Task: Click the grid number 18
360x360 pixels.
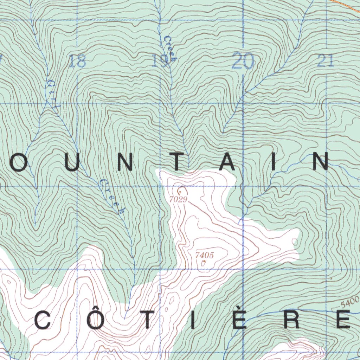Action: pyautogui.click(x=78, y=62)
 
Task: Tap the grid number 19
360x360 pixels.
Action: pyautogui.click(x=160, y=62)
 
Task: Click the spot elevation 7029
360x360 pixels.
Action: pyautogui.click(x=178, y=199)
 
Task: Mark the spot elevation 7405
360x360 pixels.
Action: pyautogui.click(x=205, y=255)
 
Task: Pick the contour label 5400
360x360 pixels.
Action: pyautogui.click(x=350, y=302)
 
